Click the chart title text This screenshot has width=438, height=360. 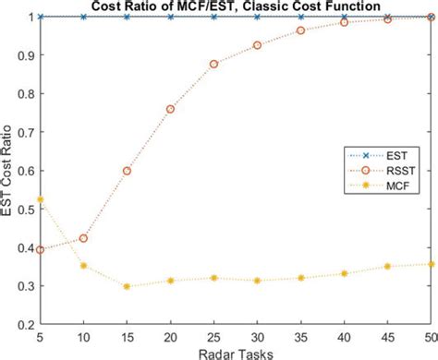click(x=229, y=7)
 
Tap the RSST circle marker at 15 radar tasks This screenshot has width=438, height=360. click(x=127, y=171)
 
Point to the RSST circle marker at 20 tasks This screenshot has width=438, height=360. click(x=170, y=109)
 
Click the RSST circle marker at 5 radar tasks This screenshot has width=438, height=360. click(x=40, y=249)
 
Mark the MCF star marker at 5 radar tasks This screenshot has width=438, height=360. click(x=40, y=199)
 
